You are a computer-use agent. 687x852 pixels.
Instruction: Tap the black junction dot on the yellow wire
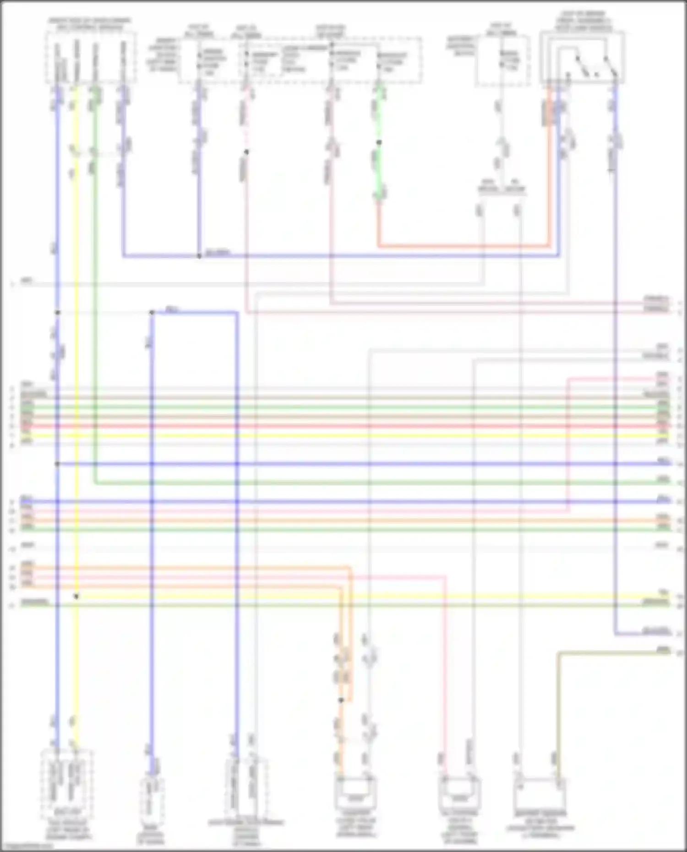76,597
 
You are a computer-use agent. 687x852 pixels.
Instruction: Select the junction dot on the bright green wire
379,142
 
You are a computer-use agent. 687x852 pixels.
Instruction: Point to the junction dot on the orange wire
341,700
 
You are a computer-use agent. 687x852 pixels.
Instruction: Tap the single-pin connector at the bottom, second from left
152,794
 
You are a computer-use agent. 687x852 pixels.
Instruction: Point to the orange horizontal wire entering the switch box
463,246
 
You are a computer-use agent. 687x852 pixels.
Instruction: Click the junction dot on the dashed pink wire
246,152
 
